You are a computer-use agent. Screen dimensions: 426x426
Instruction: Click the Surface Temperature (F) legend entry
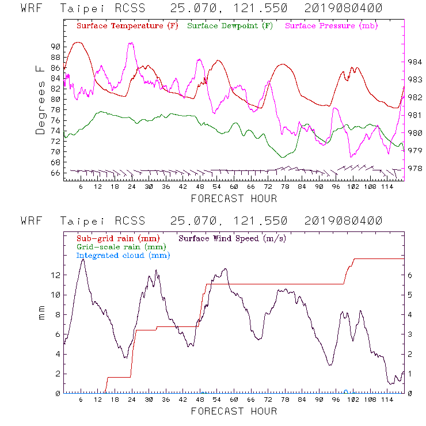127,26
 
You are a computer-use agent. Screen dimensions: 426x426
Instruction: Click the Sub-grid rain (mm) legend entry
119,238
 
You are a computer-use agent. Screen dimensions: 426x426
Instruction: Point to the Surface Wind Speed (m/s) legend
232,238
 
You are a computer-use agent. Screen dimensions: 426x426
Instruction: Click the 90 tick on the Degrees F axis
55,46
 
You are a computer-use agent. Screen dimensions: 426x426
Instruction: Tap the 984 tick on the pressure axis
415,62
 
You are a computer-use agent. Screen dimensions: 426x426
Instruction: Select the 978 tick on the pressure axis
415,169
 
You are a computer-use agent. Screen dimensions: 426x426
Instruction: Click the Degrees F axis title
40,99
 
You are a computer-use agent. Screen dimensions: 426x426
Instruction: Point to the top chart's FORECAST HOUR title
234,199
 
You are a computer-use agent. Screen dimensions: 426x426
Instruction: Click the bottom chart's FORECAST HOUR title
234,411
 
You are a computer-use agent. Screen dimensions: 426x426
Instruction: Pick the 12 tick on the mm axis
55,275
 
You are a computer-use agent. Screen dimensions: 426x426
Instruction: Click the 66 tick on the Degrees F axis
55,173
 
